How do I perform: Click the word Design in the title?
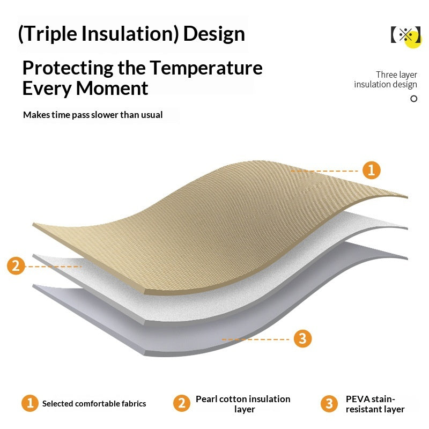[x=214, y=34]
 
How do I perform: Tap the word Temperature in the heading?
[x=206, y=68]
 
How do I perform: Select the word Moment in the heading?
[x=112, y=88]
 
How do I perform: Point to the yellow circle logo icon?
[x=413, y=40]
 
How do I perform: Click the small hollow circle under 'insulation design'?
[x=413, y=99]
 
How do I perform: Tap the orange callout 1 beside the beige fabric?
[x=371, y=170]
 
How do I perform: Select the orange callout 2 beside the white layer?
[x=16, y=265]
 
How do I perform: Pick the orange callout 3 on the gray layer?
[x=302, y=338]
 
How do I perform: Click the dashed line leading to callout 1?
[x=324, y=171]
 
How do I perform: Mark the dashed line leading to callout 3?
[x=256, y=339]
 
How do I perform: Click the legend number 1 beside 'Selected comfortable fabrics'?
[x=30, y=403]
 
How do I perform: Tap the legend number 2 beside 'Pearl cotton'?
[x=182, y=403]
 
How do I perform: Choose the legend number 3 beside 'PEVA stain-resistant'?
[x=329, y=403]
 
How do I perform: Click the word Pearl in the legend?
[x=206, y=399]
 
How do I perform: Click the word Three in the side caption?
[x=386, y=75]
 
